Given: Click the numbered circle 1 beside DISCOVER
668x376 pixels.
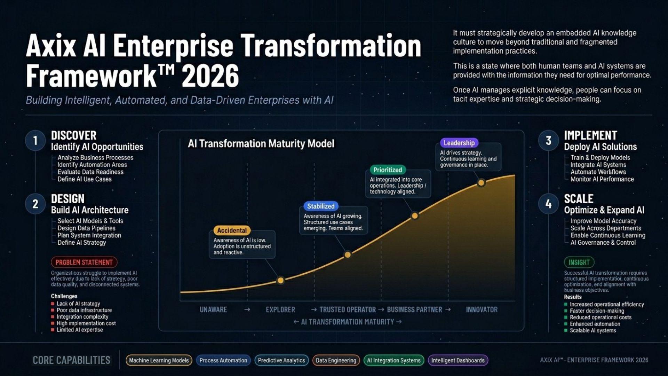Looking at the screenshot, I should [x=35, y=141].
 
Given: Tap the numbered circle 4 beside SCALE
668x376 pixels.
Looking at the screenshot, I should [x=548, y=204].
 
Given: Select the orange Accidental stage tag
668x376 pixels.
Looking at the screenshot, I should [x=232, y=230].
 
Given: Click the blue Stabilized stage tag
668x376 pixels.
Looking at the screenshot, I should [x=320, y=206].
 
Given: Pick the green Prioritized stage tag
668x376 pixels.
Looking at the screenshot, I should [x=388, y=170].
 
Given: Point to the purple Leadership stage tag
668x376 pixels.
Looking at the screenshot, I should [x=459, y=143].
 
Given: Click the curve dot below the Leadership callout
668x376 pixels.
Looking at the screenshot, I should [x=481, y=182].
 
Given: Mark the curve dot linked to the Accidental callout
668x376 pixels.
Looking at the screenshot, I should [x=280, y=280].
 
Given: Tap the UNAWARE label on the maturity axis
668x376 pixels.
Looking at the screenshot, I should [x=213, y=310].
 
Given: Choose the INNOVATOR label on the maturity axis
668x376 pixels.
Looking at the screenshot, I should [x=482, y=310].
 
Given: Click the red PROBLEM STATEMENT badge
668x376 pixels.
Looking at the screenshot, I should [x=84, y=262].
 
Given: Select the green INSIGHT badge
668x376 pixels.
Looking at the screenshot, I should [x=579, y=262].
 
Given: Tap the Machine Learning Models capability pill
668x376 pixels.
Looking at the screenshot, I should [x=159, y=360].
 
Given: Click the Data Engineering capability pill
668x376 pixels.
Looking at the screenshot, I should [x=336, y=360].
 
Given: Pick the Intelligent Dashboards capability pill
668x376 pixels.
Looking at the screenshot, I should [x=458, y=360].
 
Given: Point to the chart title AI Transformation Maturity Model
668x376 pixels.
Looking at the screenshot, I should [x=261, y=144].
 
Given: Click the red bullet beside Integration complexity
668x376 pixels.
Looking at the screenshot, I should [x=53, y=317].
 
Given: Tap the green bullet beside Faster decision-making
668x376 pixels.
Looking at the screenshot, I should [x=566, y=311].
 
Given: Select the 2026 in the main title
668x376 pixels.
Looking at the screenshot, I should [x=210, y=76].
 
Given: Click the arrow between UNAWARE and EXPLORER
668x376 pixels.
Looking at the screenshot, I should [x=247, y=310].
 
